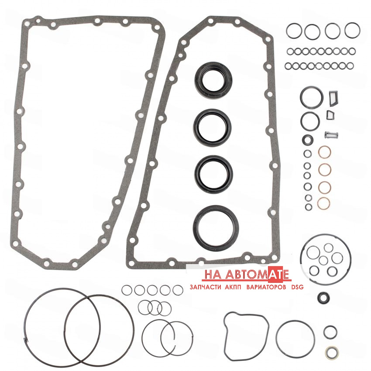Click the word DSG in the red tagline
297,287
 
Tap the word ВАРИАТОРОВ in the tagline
266,287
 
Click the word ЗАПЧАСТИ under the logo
205,287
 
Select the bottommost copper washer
323,203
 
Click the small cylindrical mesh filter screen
331,135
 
